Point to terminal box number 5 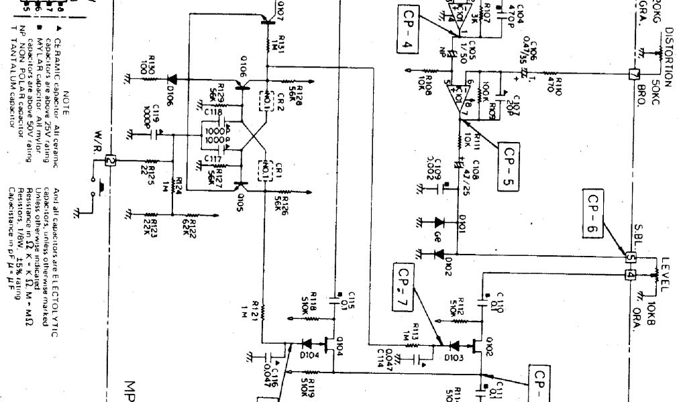[x=630, y=257]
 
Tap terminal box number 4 [x=630, y=275]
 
